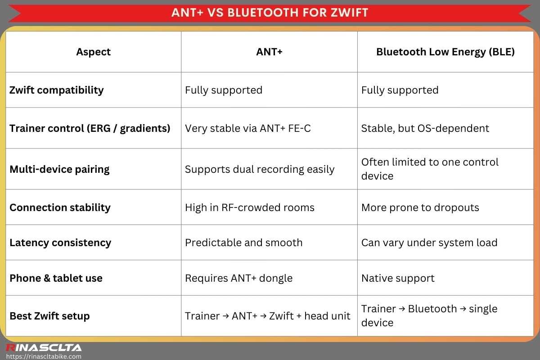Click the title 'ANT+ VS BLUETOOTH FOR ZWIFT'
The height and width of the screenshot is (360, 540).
[270, 12]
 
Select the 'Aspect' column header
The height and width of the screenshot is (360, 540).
[93, 52]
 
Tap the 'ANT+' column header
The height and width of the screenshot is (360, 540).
[269, 52]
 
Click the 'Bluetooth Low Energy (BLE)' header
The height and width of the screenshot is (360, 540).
[445, 52]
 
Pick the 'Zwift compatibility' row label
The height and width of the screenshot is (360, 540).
[57, 90]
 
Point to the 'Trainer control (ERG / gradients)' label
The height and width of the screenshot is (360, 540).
[90, 128]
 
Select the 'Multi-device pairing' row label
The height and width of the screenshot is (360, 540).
[59, 169]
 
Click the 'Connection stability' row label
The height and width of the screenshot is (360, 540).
[60, 207]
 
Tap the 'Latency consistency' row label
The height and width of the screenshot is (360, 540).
[60, 243]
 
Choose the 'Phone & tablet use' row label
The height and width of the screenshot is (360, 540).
[56, 278]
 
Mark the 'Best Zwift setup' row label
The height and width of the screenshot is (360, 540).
[49, 316]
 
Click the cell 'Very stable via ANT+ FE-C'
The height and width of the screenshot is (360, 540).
[248, 128]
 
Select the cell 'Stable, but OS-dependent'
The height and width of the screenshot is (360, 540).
[425, 128]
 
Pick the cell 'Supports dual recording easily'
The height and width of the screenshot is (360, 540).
[260, 169]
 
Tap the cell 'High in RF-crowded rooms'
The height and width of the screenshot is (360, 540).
[250, 207]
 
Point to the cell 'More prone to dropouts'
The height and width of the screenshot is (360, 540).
[420, 207]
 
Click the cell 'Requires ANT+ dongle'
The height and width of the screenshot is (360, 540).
[238, 278]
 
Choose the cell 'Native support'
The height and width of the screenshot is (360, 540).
[398, 278]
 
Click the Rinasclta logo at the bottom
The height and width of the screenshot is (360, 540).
[43, 347]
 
